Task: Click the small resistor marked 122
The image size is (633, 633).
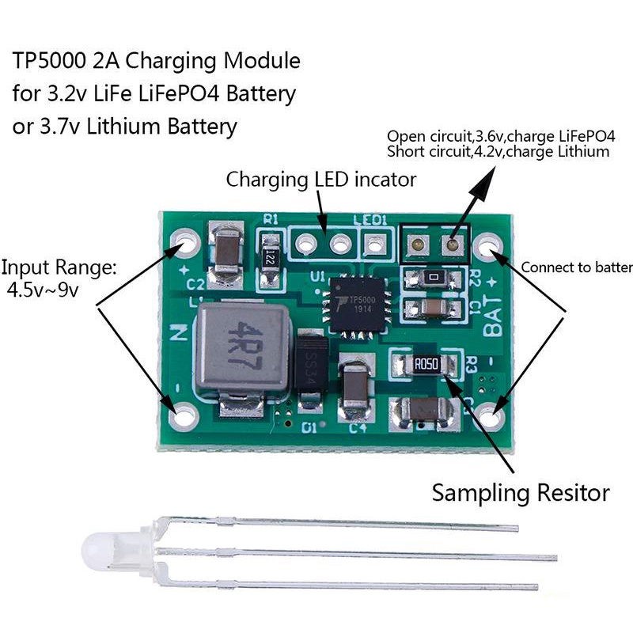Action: click(271, 256)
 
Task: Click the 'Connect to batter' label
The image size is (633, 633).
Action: click(576, 267)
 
